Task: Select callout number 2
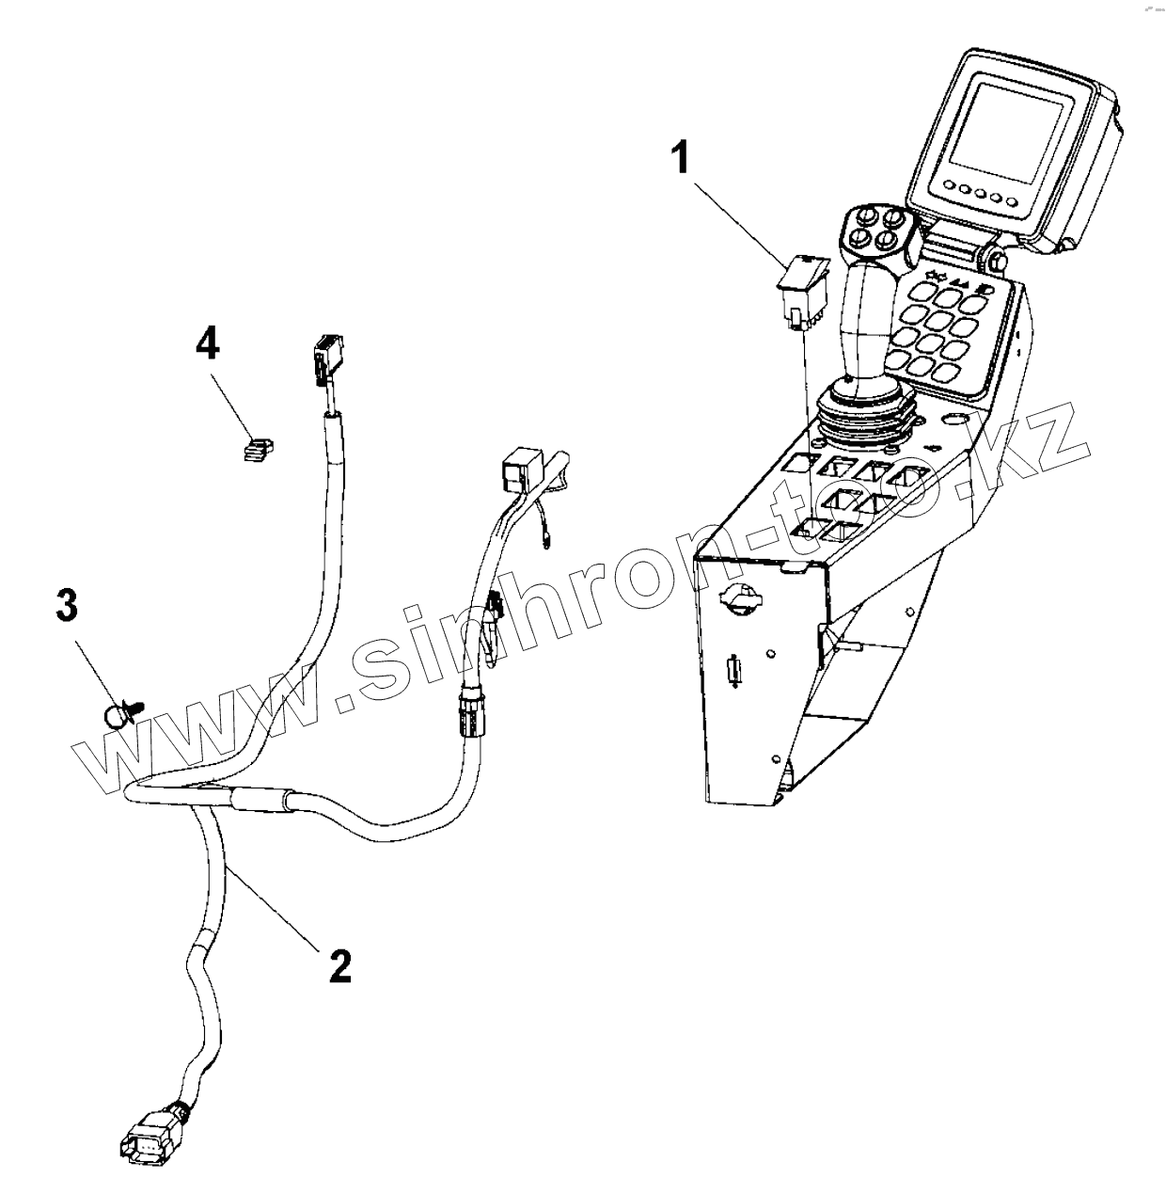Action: tap(340, 965)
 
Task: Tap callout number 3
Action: tap(66, 606)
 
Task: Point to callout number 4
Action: tap(207, 343)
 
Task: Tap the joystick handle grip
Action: tap(863, 320)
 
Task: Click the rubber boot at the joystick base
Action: tap(864, 414)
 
